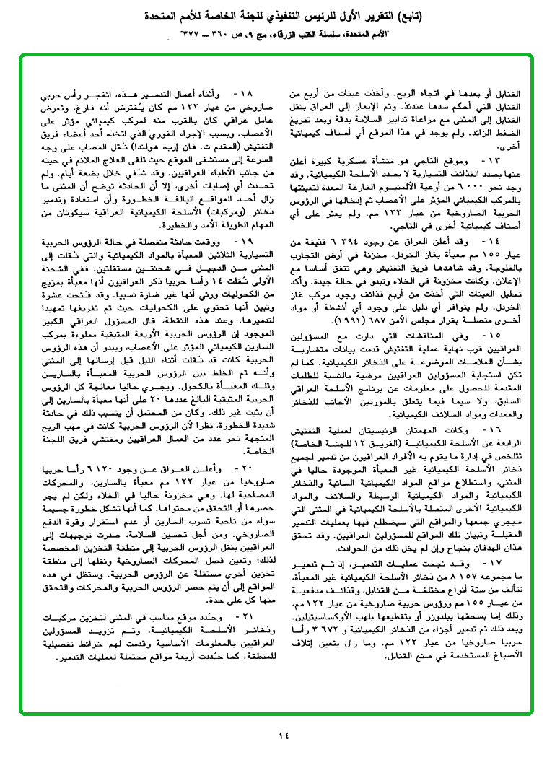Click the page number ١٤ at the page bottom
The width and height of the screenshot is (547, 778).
click(x=283, y=737)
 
